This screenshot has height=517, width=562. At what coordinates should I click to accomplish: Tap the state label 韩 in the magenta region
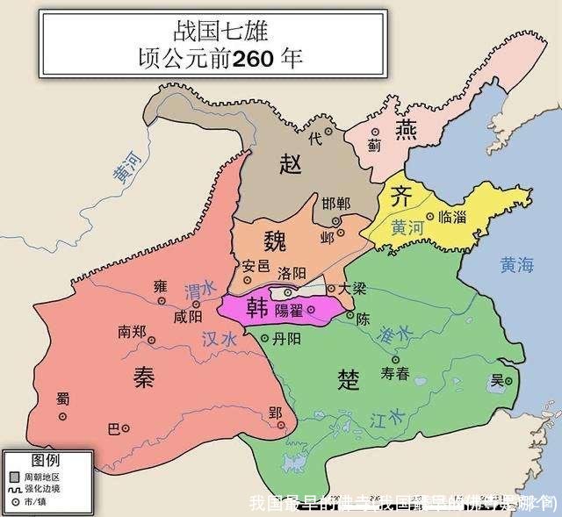pos(257,307)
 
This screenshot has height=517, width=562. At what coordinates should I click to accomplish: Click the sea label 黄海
pos(516,262)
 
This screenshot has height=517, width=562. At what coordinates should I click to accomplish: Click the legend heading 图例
pos(46,460)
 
